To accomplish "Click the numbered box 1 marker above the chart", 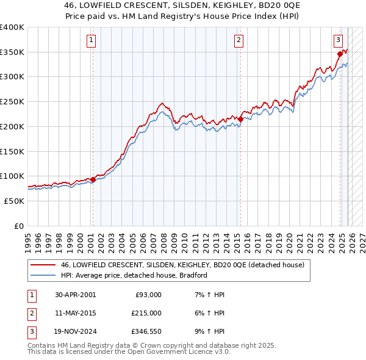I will [90, 41].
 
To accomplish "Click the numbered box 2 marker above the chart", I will [238, 41].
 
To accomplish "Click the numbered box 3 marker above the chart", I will [337, 41].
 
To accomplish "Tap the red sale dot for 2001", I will [93, 179].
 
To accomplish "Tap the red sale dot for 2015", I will [240, 120].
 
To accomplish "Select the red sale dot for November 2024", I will [340, 54].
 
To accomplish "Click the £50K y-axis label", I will [13, 201].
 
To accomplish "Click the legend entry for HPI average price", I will [134, 275].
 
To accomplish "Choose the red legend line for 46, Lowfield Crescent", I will [43, 265].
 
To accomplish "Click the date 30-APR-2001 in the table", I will [75, 295].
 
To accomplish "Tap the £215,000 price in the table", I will [146, 313].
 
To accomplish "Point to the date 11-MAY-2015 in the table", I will [75, 313].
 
